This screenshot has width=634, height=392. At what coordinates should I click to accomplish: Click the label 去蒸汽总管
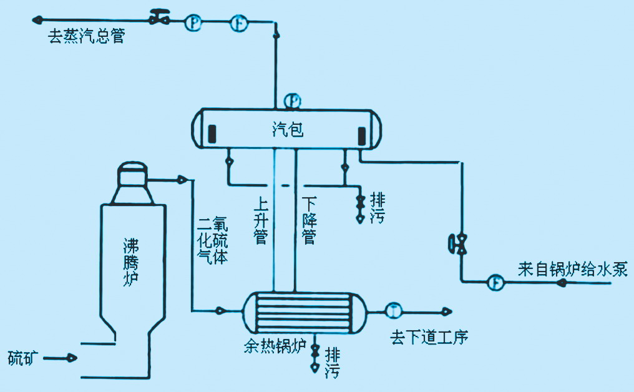tap(87, 37)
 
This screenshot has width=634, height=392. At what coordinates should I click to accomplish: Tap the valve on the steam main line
tap(160, 19)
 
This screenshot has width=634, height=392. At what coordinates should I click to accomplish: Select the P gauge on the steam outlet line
tap(194, 24)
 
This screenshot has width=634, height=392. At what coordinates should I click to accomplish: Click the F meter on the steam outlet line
tap(238, 24)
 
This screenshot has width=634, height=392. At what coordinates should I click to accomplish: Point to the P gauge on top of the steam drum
tap(292, 100)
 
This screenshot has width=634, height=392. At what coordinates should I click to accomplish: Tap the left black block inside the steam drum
tap(212, 134)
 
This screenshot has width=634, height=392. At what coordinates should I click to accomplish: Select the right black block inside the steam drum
tap(361, 135)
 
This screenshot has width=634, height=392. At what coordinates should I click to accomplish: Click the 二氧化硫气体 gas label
tap(212, 241)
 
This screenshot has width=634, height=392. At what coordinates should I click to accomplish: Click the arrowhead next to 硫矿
tap(72, 358)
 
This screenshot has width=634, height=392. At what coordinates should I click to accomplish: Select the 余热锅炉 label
tap(274, 347)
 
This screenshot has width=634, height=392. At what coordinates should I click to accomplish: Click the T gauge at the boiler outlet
tap(394, 310)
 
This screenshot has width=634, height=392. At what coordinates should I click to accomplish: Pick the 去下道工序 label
tap(429, 338)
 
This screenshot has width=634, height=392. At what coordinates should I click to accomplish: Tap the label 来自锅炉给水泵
tap(572, 269)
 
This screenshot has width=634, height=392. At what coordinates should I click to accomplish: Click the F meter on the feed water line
tap(496, 282)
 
